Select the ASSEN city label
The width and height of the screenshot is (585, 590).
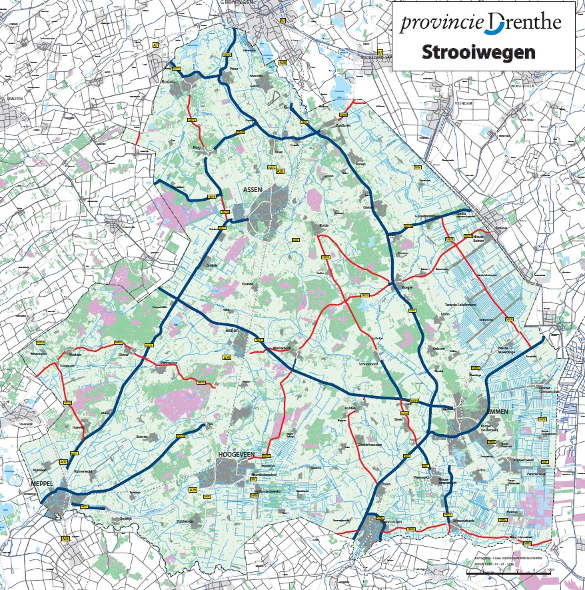point(253,190)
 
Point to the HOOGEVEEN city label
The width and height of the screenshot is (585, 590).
point(237,454)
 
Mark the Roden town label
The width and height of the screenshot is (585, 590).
point(167,81)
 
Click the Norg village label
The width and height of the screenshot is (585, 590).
point(197,147)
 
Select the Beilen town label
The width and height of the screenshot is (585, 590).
point(233,331)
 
